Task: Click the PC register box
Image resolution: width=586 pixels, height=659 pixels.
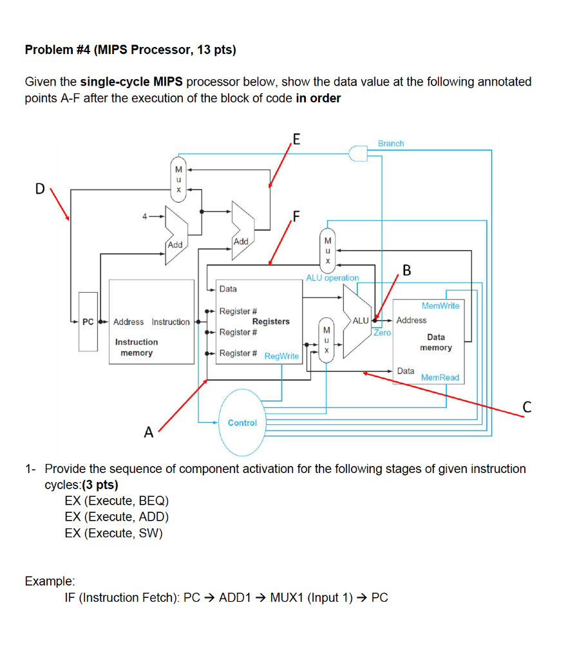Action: coord(88,322)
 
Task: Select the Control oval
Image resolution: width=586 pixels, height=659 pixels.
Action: coord(242,423)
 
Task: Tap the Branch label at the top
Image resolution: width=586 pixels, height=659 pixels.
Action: coord(391,144)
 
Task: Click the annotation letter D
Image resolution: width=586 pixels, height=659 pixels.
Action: coord(40,189)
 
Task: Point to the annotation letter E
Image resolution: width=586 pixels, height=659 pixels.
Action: coord(296,138)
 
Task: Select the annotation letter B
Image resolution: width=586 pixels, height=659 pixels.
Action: coord(406,269)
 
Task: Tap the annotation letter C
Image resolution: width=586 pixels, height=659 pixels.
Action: coord(527,407)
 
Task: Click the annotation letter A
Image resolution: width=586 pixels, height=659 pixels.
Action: coord(148,432)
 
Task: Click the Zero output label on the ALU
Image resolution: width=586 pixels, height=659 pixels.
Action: coord(383,333)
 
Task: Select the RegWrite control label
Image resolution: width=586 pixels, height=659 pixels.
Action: coord(281,356)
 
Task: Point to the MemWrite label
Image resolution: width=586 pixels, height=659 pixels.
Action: coord(440,306)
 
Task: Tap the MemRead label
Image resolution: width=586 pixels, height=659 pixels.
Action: coord(440,378)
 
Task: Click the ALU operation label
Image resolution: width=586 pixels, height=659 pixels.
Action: coord(332,277)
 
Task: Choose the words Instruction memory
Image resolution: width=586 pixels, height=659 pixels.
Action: coord(137,348)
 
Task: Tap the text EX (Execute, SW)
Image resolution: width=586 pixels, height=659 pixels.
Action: coord(113,534)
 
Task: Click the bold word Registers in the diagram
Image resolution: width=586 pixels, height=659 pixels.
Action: coord(270,321)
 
